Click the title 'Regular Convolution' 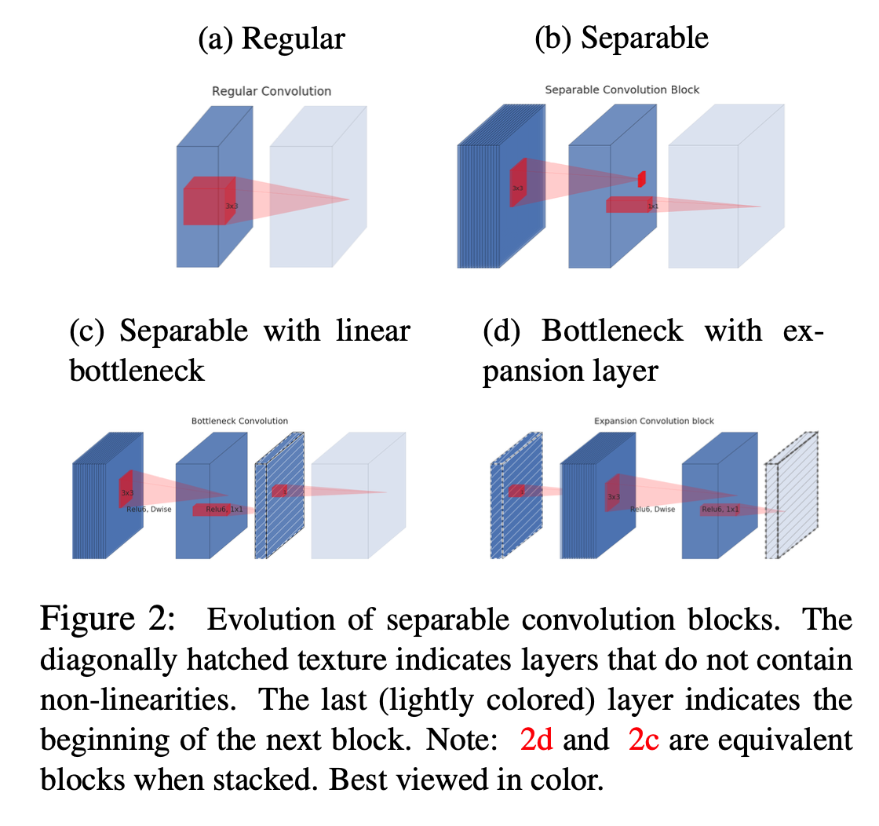tap(272, 91)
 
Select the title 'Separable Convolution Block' tap(622, 90)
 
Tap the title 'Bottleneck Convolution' tap(239, 421)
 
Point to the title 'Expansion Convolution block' tap(654, 421)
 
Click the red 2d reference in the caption tap(537, 740)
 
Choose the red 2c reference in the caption tap(644, 740)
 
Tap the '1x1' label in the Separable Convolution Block tap(652, 206)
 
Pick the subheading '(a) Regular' tap(272, 38)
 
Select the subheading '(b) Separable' tap(621, 38)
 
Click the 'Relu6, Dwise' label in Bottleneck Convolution tap(148, 509)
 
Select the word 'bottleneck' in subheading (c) tap(137, 370)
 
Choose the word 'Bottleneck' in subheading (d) tap(612, 331)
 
